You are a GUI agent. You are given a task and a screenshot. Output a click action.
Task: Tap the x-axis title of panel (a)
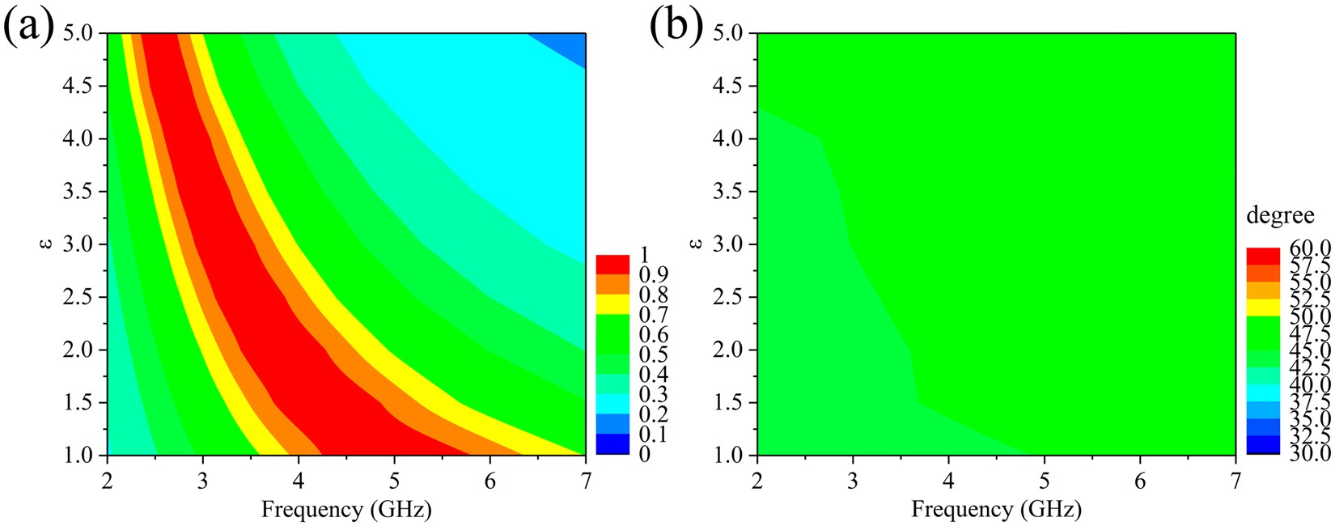coord(345,509)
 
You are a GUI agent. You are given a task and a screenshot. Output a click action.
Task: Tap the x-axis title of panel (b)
coord(996,509)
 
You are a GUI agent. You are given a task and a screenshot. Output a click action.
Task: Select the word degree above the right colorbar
coord(1280,217)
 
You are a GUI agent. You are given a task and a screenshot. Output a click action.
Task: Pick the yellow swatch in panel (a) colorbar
coord(612,304)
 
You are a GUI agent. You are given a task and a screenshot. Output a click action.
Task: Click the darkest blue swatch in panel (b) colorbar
coord(1263,446)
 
